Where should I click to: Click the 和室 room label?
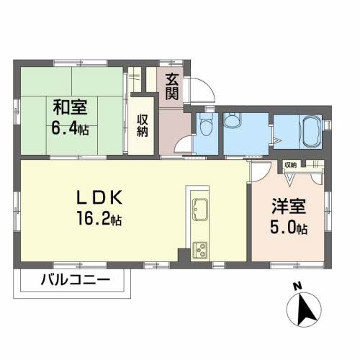pyautogui.click(x=70, y=107)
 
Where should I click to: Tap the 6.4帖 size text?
pyautogui.click(x=70, y=129)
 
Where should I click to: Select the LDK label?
pyautogui.click(x=99, y=197)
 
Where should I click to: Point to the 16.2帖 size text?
pyautogui.click(x=99, y=218)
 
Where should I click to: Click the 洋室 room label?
pyautogui.click(x=289, y=206)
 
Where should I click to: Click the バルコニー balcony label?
pyautogui.click(x=76, y=280)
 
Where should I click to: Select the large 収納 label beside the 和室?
pyautogui.click(x=142, y=125)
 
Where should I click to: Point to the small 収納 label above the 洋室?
pyautogui.click(x=291, y=165)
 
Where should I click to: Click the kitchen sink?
pyautogui.click(x=199, y=209)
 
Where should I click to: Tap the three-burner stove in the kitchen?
pyautogui.click(x=200, y=250)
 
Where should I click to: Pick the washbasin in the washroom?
pyautogui.click(x=233, y=120)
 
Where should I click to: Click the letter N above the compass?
pyautogui.click(x=297, y=286)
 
